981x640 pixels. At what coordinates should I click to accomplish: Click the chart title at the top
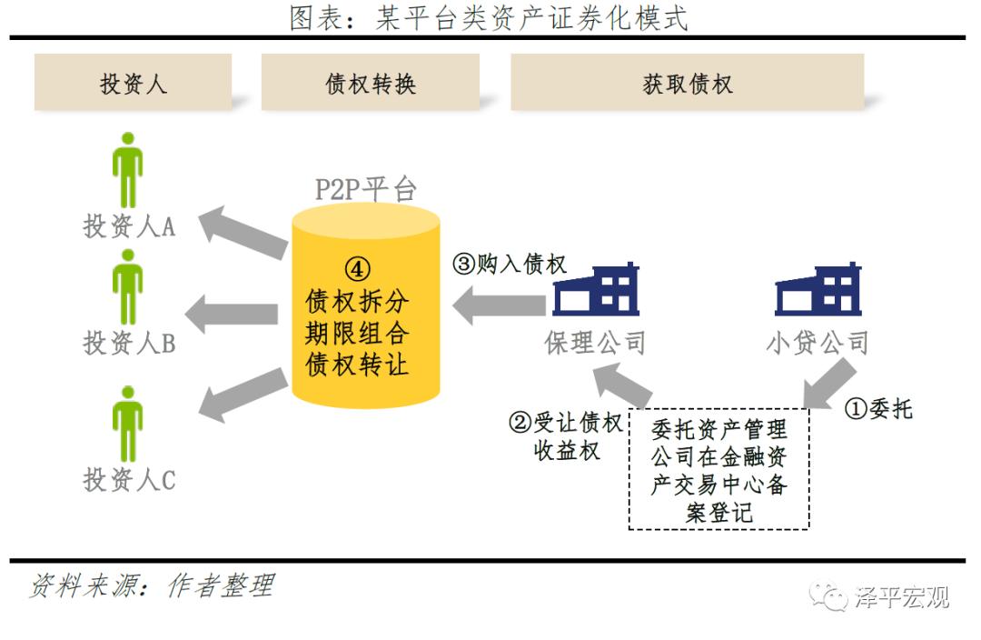click(x=489, y=17)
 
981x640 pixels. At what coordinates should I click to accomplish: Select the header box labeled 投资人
click(x=133, y=84)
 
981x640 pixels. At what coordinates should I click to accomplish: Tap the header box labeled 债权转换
click(x=370, y=84)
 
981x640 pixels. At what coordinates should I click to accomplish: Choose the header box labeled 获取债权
click(x=687, y=84)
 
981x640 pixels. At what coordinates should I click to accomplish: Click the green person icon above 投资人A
click(x=128, y=170)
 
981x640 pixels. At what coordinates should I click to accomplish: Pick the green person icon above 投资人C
click(x=128, y=425)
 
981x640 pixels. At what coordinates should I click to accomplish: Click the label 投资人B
click(x=129, y=343)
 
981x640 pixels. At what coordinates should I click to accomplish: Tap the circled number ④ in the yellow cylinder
click(x=358, y=269)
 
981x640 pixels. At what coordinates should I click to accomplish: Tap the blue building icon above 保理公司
click(x=597, y=290)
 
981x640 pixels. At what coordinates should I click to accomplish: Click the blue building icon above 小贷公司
click(x=817, y=290)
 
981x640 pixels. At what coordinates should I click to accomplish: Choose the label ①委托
click(x=878, y=409)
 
